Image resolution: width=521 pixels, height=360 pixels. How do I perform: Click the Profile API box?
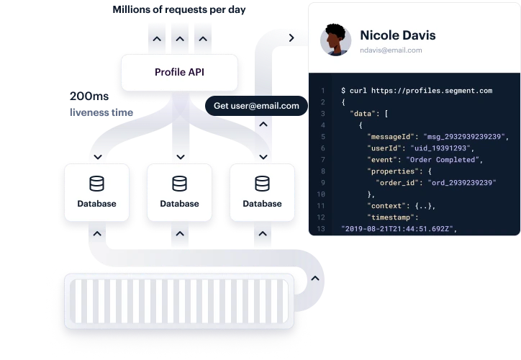point(179,72)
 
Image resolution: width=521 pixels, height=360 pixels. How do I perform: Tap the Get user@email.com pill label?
point(256,106)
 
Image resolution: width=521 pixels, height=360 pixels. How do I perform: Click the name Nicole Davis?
point(397,35)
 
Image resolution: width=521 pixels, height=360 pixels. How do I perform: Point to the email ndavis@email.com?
point(391,50)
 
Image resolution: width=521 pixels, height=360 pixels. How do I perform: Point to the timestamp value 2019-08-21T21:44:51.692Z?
point(398,229)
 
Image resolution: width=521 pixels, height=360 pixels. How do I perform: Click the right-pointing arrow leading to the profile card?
point(291,37)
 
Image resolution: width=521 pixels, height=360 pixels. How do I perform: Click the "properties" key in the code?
point(390,171)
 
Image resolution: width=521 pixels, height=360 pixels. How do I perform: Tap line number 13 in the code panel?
point(321,229)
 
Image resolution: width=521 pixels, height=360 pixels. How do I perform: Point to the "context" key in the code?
point(385,206)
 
